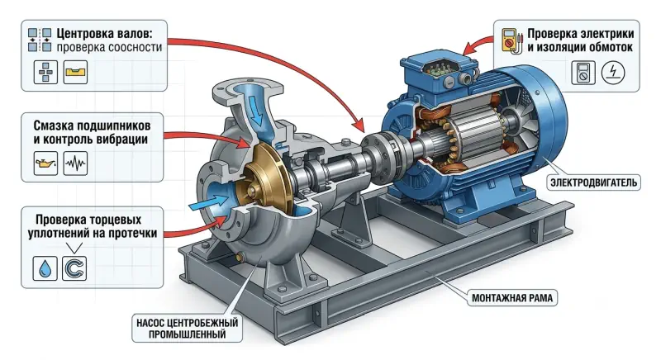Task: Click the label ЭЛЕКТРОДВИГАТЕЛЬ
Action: pyautogui.click(x=593, y=182)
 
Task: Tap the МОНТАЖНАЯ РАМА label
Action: pyautogui.click(x=511, y=298)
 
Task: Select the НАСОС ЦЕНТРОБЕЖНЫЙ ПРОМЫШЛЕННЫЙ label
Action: pyautogui.click(x=188, y=329)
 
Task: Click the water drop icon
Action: pyautogui.click(x=45, y=268)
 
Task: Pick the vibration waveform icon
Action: pyautogui.click(x=75, y=163)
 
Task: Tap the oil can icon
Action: pyautogui.click(x=45, y=163)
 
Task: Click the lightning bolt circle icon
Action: pyautogui.click(x=613, y=73)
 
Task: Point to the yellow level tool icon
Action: pyautogui.click(x=75, y=72)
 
